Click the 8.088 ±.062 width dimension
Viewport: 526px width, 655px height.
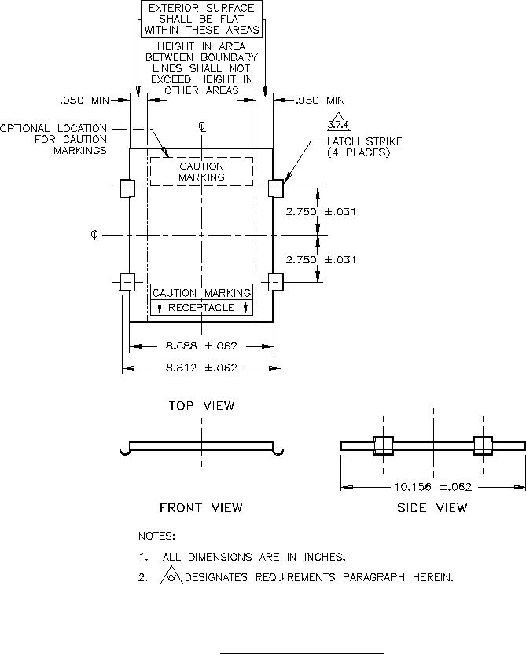click(x=201, y=346)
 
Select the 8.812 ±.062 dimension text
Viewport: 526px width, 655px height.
click(x=201, y=368)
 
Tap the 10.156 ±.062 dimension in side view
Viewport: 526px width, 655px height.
click(x=432, y=487)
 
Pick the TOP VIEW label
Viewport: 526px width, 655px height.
click(x=201, y=405)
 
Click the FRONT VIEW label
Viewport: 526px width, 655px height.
click(x=201, y=507)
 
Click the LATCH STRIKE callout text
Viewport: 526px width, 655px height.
click(x=364, y=147)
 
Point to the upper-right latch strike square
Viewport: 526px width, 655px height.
click(x=276, y=188)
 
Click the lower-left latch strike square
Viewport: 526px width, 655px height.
click(x=127, y=281)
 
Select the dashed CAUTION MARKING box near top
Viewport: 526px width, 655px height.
click(x=201, y=172)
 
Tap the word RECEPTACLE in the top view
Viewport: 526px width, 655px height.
click(x=201, y=308)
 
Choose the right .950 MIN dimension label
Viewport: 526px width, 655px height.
click(x=319, y=101)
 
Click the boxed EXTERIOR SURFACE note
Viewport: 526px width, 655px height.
click(x=201, y=19)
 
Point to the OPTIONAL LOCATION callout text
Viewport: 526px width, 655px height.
click(x=55, y=139)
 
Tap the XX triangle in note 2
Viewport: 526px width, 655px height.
click(x=171, y=577)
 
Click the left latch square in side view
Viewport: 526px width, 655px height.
click(x=383, y=445)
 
